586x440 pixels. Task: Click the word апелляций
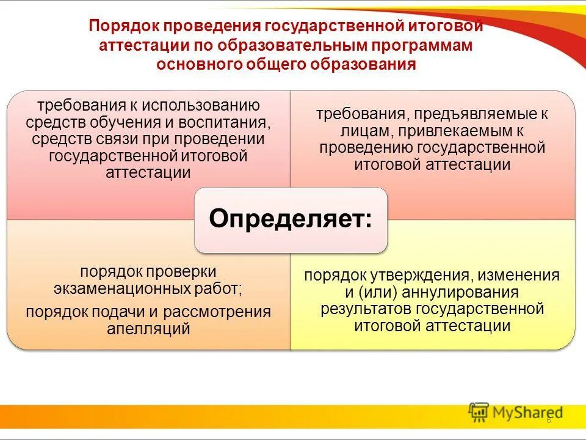[148, 329]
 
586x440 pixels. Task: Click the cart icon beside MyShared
[479, 413]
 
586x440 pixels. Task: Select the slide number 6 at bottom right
[548, 420]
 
